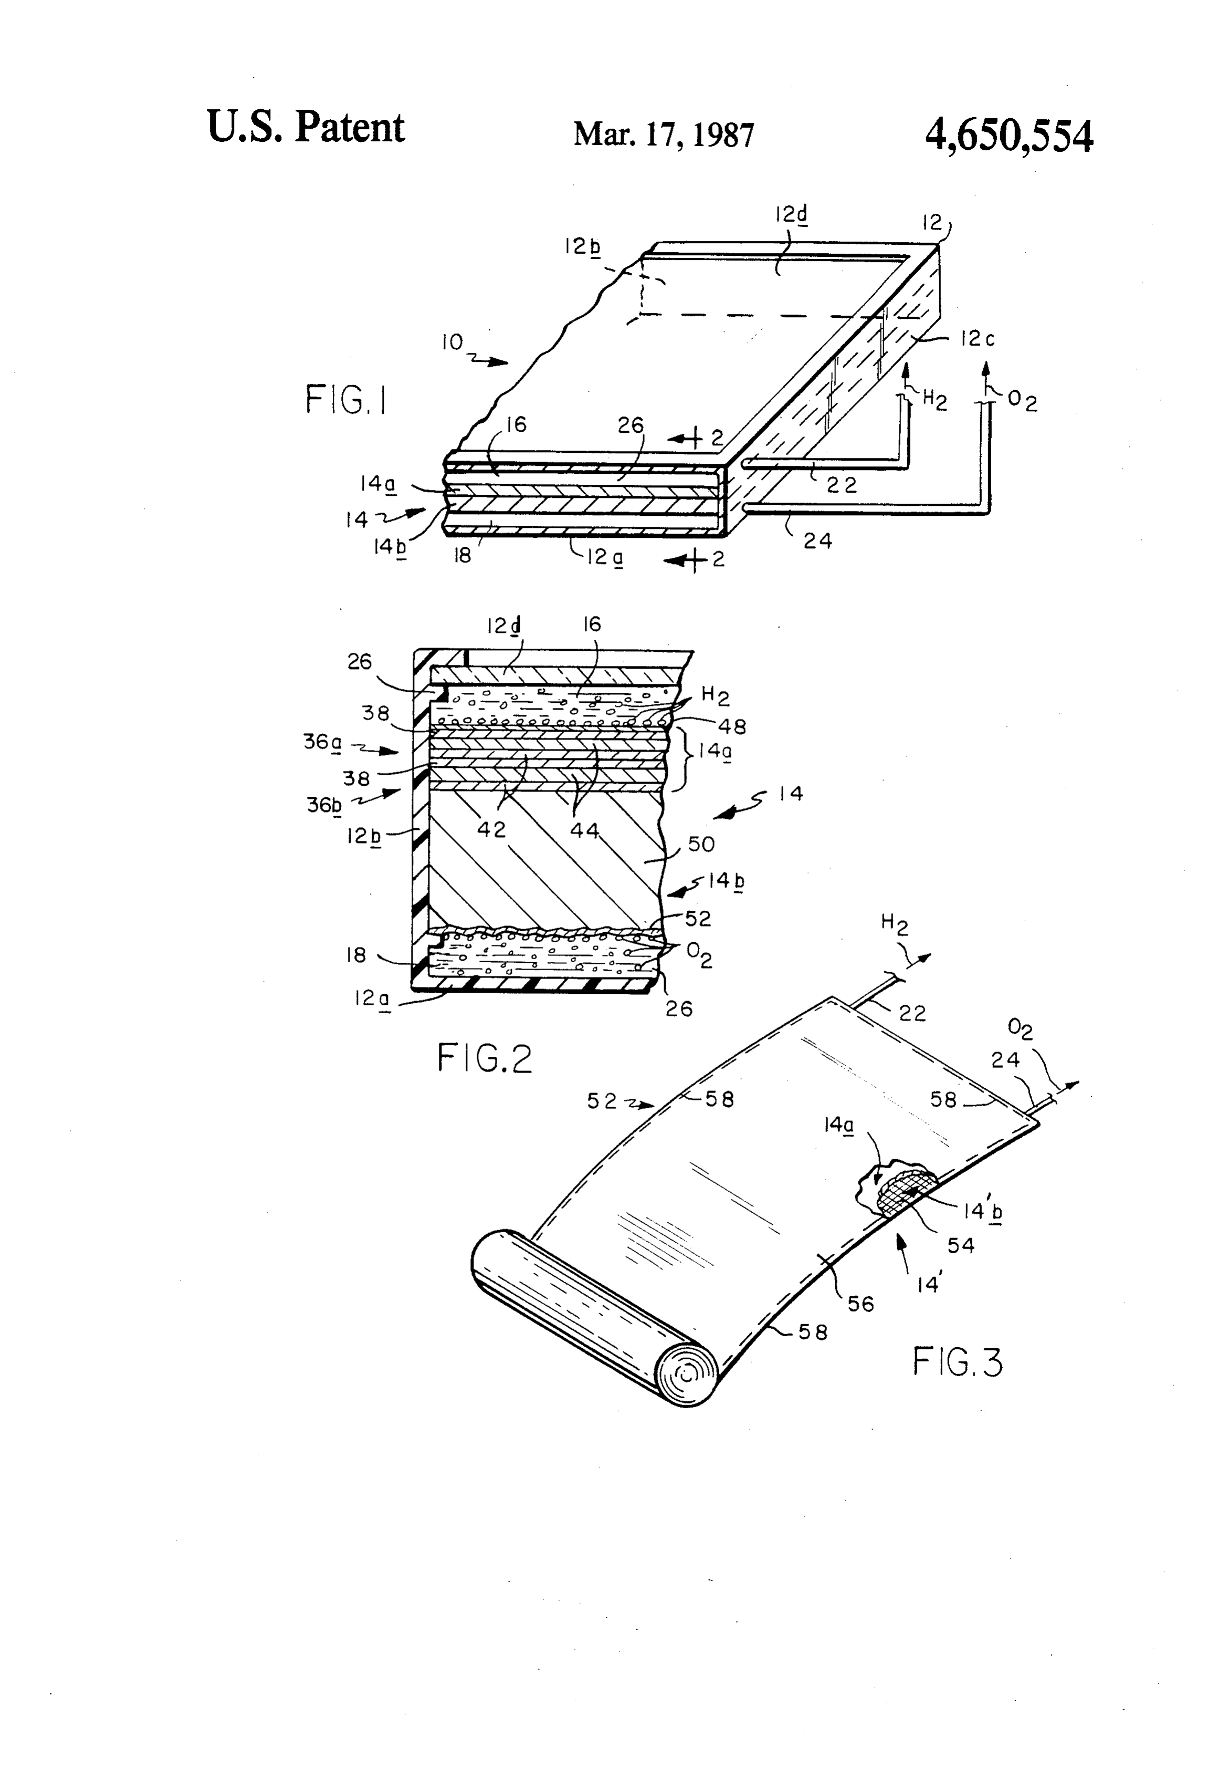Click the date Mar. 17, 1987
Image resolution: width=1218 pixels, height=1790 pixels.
point(664,135)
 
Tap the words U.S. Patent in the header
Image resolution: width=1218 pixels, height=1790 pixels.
point(306,127)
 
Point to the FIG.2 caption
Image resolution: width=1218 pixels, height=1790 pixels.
point(484,1057)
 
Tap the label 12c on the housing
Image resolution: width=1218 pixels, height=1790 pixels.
point(977,338)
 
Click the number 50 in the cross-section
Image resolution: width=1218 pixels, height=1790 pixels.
point(701,844)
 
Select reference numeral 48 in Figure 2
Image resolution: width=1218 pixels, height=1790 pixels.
point(731,725)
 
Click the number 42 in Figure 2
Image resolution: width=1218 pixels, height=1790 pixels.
point(492,829)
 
